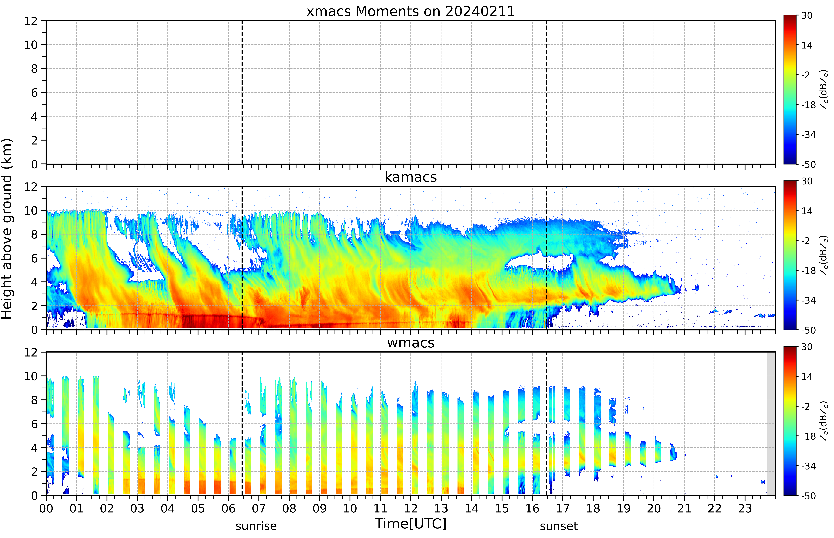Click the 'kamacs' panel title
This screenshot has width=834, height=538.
coord(411,177)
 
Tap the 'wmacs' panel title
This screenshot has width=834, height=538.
coord(411,343)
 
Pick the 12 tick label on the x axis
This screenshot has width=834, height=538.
coord(411,508)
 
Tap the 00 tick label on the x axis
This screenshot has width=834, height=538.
coord(46,508)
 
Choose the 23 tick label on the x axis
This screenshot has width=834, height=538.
coord(745,508)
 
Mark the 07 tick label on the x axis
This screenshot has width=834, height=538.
coord(259,508)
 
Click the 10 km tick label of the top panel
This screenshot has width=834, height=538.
coord(31,45)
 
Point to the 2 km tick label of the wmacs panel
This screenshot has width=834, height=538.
coord(34,472)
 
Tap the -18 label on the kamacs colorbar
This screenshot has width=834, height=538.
coord(808,270)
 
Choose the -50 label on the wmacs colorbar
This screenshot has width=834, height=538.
coord(808,496)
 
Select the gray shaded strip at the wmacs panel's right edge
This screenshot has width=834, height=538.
coord(771,423)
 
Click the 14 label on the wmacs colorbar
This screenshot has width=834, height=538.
coord(807,377)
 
